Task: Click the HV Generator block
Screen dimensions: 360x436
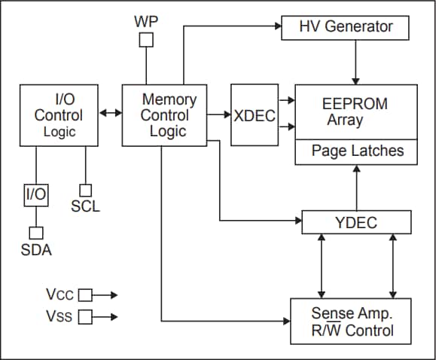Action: pos(346,27)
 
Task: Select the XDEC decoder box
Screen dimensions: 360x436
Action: pos(254,115)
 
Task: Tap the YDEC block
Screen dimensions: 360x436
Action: pos(355,222)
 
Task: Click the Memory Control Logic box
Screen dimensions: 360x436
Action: pos(164,115)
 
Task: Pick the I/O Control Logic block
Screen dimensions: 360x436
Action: pos(58,115)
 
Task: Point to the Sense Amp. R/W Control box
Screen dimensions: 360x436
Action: pos(352,321)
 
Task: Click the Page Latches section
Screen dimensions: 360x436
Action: pos(357,151)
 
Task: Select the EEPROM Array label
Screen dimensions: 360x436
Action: pos(354,111)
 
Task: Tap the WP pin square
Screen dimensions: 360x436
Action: pos(146,40)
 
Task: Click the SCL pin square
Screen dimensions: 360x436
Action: pos(86,191)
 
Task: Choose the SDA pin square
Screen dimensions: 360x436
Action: pos(36,233)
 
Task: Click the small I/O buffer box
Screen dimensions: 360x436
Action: pos(36,195)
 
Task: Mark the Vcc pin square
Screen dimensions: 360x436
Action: pos(85,294)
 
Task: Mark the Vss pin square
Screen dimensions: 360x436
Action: pos(85,317)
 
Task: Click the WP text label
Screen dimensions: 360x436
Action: pos(146,21)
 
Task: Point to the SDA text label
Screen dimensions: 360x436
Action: pos(36,250)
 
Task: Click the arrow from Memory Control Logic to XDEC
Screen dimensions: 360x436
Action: pos(219,114)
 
